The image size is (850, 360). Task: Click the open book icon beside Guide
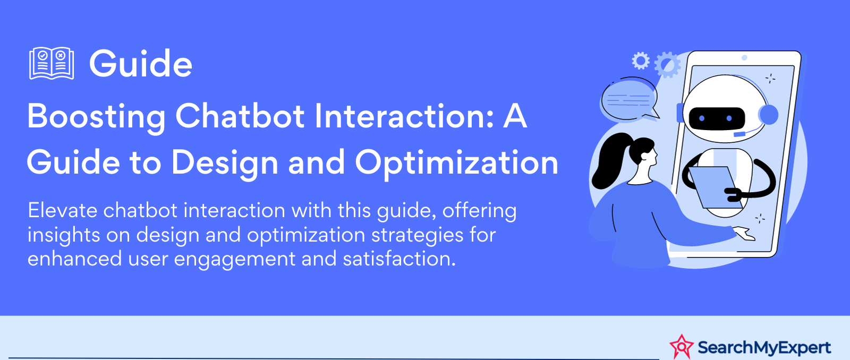52,63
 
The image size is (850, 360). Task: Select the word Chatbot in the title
240,116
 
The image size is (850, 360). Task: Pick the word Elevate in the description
62,210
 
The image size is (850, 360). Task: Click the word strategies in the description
417,235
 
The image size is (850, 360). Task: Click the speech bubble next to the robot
630,99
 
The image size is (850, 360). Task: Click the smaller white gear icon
641,61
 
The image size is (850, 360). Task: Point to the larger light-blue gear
667,65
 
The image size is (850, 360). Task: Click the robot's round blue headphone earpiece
768,115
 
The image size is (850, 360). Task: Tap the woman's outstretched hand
744,233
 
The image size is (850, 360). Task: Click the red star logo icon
681,347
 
